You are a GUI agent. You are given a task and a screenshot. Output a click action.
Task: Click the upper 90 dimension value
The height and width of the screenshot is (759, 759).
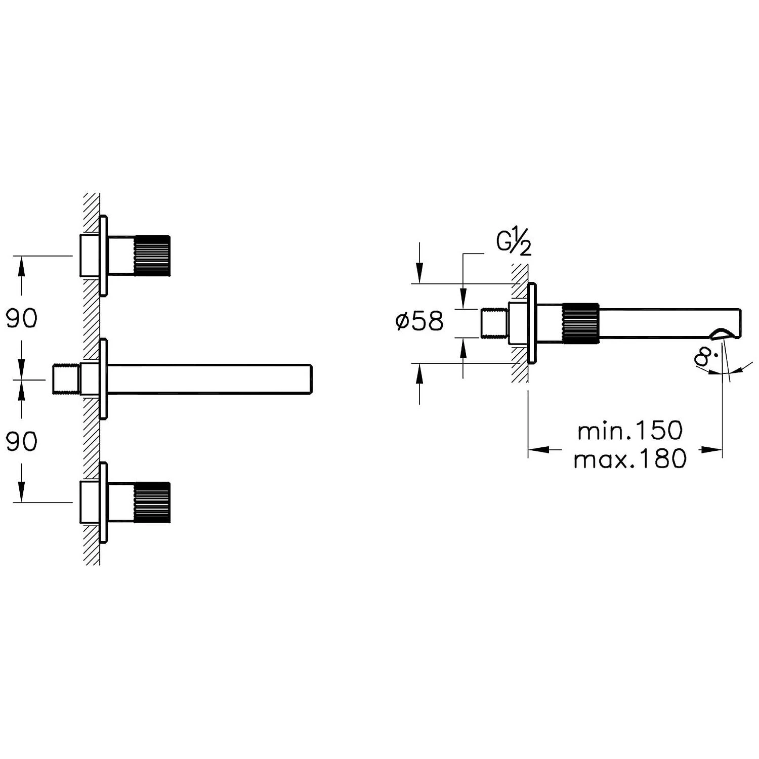point(21,318)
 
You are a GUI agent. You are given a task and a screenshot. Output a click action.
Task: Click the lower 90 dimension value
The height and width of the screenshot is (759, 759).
point(21,442)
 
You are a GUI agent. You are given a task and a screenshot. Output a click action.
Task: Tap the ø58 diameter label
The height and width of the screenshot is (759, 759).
point(419,321)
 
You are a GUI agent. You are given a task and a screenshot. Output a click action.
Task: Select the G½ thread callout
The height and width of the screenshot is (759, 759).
point(514,242)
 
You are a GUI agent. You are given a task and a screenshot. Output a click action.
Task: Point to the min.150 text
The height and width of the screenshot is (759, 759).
point(630,431)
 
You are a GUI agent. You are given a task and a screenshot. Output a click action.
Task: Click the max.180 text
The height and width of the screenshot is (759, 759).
point(630,459)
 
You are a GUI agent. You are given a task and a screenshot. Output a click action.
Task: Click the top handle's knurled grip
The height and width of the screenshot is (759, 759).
point(152,256)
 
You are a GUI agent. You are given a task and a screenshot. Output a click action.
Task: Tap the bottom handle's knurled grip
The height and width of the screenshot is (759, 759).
point(152,502)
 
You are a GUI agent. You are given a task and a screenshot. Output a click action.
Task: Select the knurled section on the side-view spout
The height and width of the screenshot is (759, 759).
point(580,324)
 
